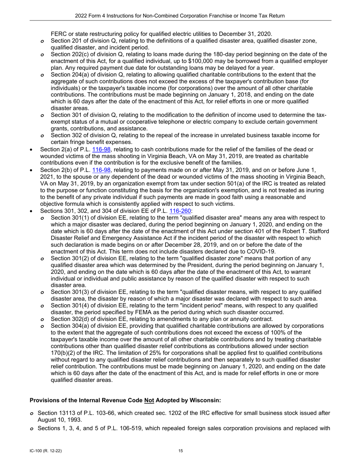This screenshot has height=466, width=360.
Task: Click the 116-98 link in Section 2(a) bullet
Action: (x=101, y=149)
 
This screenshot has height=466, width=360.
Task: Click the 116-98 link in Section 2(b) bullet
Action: (x=101, y=170)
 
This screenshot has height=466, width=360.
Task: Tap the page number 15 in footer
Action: (x=181, y=451)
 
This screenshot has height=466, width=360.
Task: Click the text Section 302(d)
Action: (x=70, y=319)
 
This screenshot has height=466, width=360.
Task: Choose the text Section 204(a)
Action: (x=70, y=75)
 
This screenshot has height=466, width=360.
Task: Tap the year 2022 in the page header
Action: (x=82, y=16)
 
